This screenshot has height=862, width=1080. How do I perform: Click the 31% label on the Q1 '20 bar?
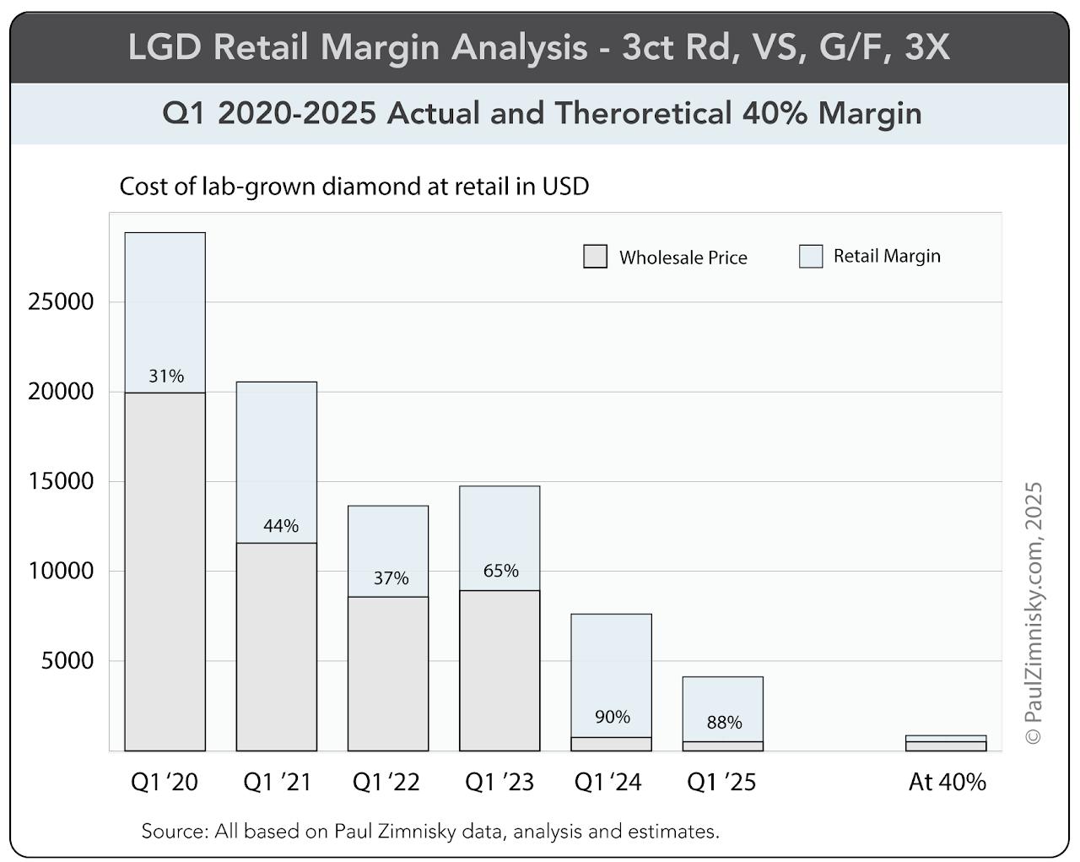coord(166,377)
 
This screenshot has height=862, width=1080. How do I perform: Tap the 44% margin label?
coord(281,526)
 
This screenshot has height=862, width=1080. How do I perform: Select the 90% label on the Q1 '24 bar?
coord(612,717)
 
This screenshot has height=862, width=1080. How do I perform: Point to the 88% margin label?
coord(724,723)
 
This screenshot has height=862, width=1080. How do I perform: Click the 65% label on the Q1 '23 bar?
coord(500,572)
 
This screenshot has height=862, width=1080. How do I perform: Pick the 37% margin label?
coord(391,578)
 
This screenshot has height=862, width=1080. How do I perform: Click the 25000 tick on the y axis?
coord(61,302)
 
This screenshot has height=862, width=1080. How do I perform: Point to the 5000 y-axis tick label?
coord(67,661)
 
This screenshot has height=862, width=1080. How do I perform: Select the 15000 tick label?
coord(61,481)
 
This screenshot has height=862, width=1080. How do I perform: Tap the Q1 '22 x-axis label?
coord(386,783)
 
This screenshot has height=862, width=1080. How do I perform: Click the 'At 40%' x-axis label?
coord(947,783)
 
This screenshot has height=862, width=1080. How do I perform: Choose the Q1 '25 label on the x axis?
coord(721,783)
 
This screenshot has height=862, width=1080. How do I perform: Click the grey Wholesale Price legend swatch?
coord(595,257)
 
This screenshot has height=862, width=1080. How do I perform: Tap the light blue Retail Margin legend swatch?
coord(811,257)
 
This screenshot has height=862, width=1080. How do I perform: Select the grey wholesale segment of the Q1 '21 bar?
coord(277,646)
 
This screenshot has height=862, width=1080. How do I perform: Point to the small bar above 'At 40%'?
coord(946,743)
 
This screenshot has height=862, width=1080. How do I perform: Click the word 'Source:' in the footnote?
coord(175,832)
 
